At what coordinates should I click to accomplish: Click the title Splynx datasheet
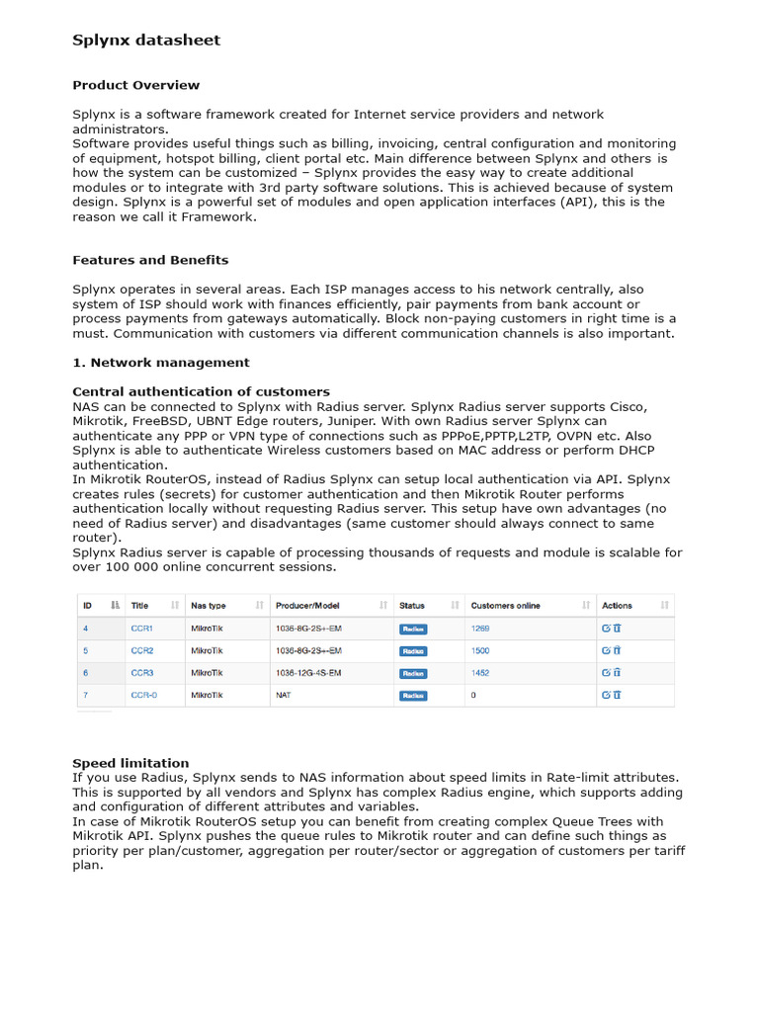(x=146, y=41)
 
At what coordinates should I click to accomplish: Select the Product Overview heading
(x=135, y=85)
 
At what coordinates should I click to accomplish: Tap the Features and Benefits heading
(x=150, y=260)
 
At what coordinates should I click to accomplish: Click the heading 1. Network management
(x=161, y=363)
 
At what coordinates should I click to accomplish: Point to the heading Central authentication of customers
(x=201, y=392)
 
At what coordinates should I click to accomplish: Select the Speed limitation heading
(x=130, y=763)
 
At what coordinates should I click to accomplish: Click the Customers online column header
(x=505, y=605)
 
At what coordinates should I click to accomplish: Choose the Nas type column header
(x=209, y=605)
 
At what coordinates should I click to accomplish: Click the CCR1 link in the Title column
(x=141, y=629)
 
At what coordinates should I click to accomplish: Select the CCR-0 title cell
(x=143, y=696)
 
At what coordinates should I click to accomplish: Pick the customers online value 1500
(x=480, y=651)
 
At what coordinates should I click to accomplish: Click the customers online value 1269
(x=480, y=629)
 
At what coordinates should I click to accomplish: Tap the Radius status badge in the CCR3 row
(x=412, y=673)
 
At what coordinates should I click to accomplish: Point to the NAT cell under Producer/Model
(x=283, y=696)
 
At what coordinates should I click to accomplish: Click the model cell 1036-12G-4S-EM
(x=307, y=673)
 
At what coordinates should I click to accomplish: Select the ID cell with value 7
(x=85, y=696)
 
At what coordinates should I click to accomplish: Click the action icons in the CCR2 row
(x=611, y=651)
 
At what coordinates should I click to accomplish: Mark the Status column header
(x=412, y=605)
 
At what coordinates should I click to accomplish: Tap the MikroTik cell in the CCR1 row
(x=207, y=629)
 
